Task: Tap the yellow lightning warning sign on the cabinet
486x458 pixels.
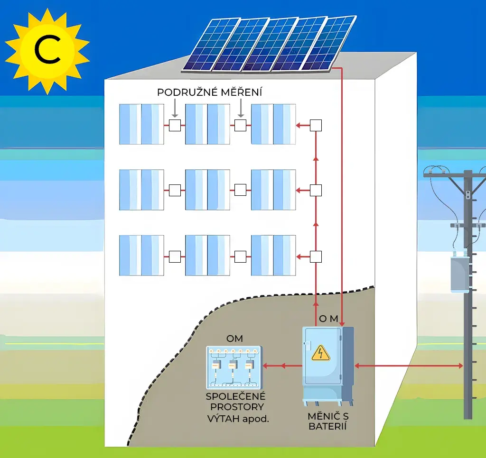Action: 320,353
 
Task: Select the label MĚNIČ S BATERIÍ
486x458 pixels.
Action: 327,421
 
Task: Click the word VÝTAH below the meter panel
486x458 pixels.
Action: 224,418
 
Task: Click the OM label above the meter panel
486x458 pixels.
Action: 234,339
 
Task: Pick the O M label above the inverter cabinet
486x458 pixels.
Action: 328,319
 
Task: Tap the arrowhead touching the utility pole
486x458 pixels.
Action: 460,366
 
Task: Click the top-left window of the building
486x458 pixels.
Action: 141,124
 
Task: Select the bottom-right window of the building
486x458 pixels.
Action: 273,255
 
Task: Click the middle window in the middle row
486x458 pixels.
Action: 207,190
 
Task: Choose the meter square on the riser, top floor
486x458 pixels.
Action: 316,126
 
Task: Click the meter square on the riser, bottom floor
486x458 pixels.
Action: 316,257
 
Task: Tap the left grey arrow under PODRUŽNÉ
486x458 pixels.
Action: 175,110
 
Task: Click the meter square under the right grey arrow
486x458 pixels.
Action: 241,126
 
